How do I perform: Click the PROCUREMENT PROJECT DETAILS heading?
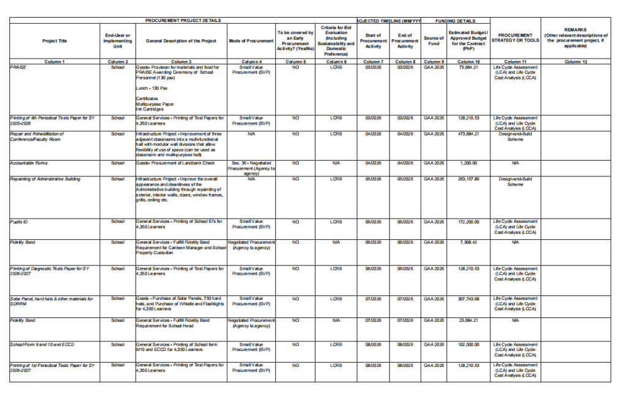point(183,20)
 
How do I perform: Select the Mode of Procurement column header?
point(251,41)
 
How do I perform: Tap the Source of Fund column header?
point(433,41)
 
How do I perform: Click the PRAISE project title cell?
point(18,67)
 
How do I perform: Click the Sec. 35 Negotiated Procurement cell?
point(251,166)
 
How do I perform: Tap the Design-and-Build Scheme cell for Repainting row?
point(515,181)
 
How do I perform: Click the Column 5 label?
point(295,62)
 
